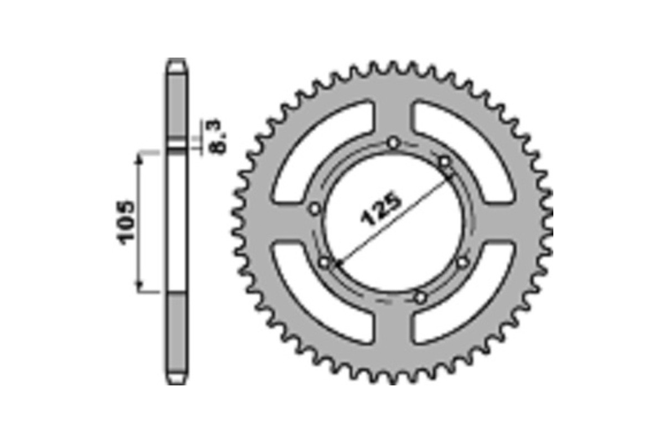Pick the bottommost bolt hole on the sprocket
421,297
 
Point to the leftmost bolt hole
314,209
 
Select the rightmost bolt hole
463,262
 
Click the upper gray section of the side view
177,105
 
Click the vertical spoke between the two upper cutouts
393,111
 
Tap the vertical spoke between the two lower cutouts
393,332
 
